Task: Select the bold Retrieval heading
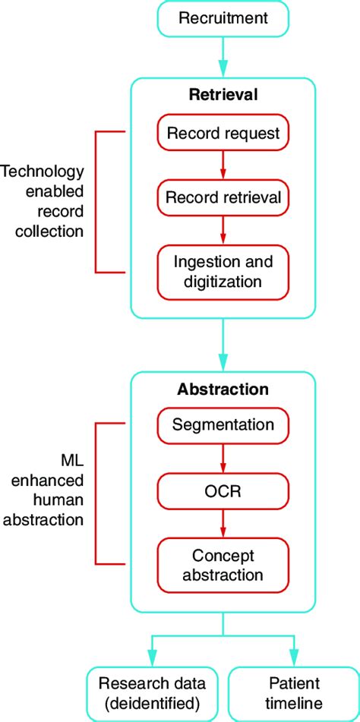click(x=223, y=96)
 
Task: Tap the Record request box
click(x=223, y=134)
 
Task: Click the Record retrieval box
click(x=223, y=198)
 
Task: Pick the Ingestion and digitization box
click(x=223, y=272)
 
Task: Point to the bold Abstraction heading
click(x=223, y=389)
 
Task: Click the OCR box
click(x=223, y=492)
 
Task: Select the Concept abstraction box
click(x=223, y=565)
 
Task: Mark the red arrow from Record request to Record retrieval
click(x=223, y=166)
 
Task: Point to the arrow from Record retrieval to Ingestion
click(x=223, y=230)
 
